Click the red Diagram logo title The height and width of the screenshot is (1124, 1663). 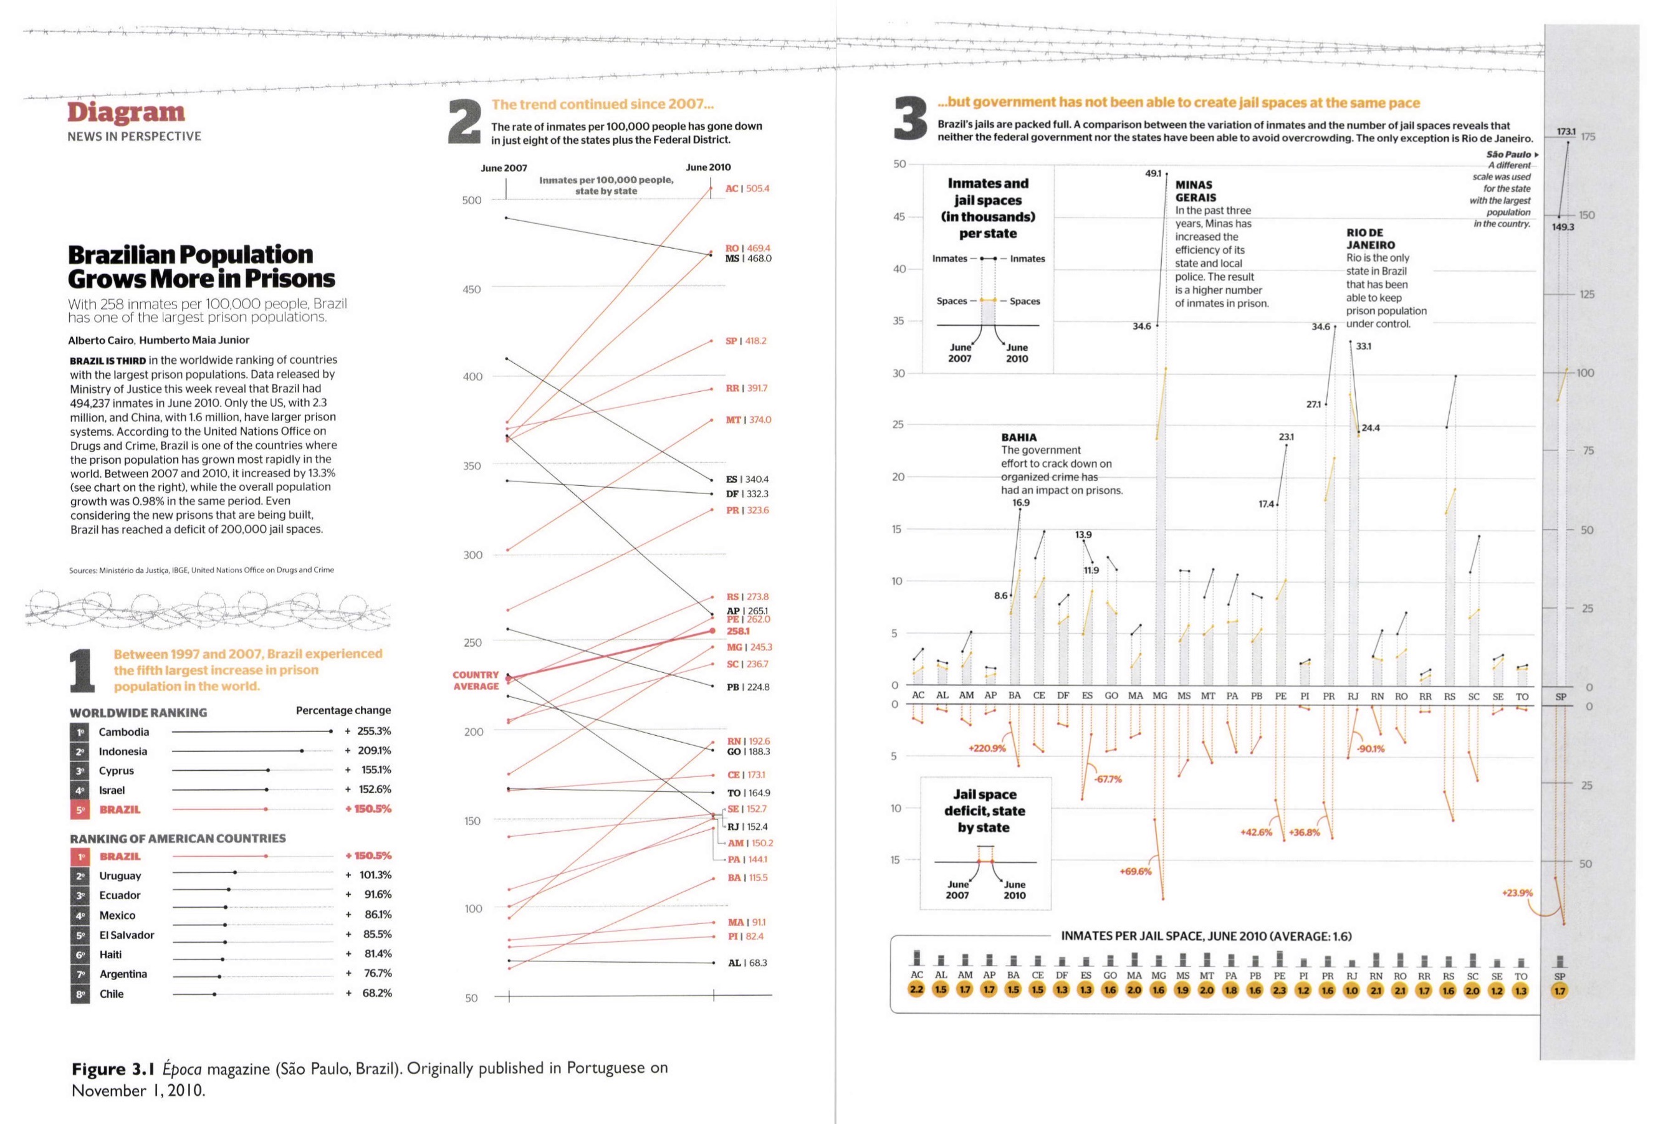point(126,112)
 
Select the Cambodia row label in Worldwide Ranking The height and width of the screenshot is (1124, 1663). point(124,732)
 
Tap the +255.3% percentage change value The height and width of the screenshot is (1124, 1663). point(368,731)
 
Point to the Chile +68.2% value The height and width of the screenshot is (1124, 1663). point(368,993)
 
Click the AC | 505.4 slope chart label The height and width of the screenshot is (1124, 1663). point(747,189)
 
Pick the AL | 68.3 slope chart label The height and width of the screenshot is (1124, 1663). point(747,963)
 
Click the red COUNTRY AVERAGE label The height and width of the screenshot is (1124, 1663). point(476,680)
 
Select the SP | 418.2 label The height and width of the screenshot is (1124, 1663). point(745,341)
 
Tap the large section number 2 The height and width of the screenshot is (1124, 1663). point(466,122)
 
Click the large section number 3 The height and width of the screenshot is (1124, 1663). point(911,120)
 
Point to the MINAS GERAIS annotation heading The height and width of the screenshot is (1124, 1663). point(1196,191)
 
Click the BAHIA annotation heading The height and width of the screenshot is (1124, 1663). point(1019,437)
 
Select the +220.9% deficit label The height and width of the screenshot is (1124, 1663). point(987,748)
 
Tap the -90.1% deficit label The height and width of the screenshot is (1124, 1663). point(1370,749)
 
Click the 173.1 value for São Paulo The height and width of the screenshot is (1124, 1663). point(1566,131)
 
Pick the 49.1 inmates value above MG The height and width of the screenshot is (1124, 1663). point(1154,173)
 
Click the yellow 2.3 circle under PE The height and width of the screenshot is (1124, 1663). point(1279,990)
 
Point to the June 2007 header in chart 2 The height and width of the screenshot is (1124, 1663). point(504,168)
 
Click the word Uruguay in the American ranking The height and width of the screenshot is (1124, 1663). point(120,876)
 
